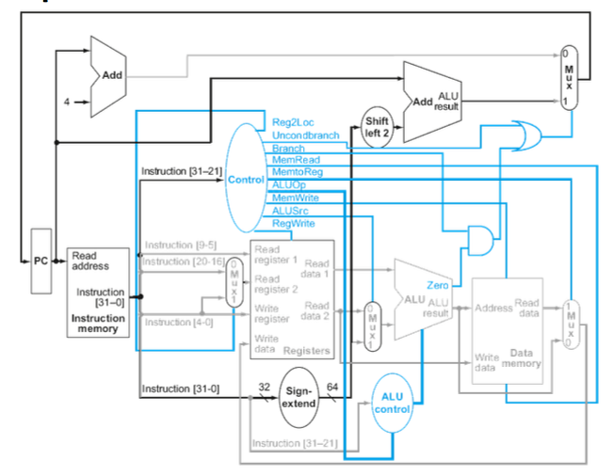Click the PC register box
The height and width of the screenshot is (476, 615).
40,261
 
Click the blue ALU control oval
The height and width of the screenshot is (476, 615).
393,403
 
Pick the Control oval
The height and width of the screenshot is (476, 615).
246,179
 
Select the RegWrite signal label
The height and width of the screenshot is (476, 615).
293,224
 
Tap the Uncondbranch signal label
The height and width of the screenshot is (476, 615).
305,135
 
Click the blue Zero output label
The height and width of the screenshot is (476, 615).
437,284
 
